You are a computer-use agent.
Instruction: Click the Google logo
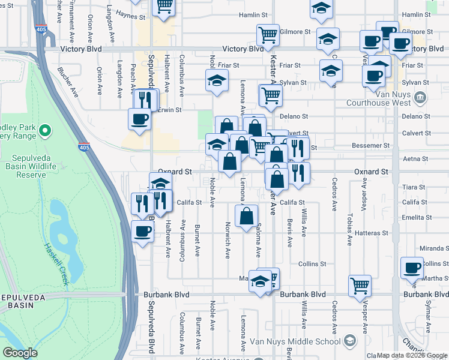[x=20, y=353]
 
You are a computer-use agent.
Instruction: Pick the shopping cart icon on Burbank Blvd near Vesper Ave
[x=360, y=285]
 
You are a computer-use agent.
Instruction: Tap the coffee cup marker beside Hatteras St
[x=142, y=231]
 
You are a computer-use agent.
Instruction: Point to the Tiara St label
[x=414, y=187]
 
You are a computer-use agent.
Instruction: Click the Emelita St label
[x=414, y=217]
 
